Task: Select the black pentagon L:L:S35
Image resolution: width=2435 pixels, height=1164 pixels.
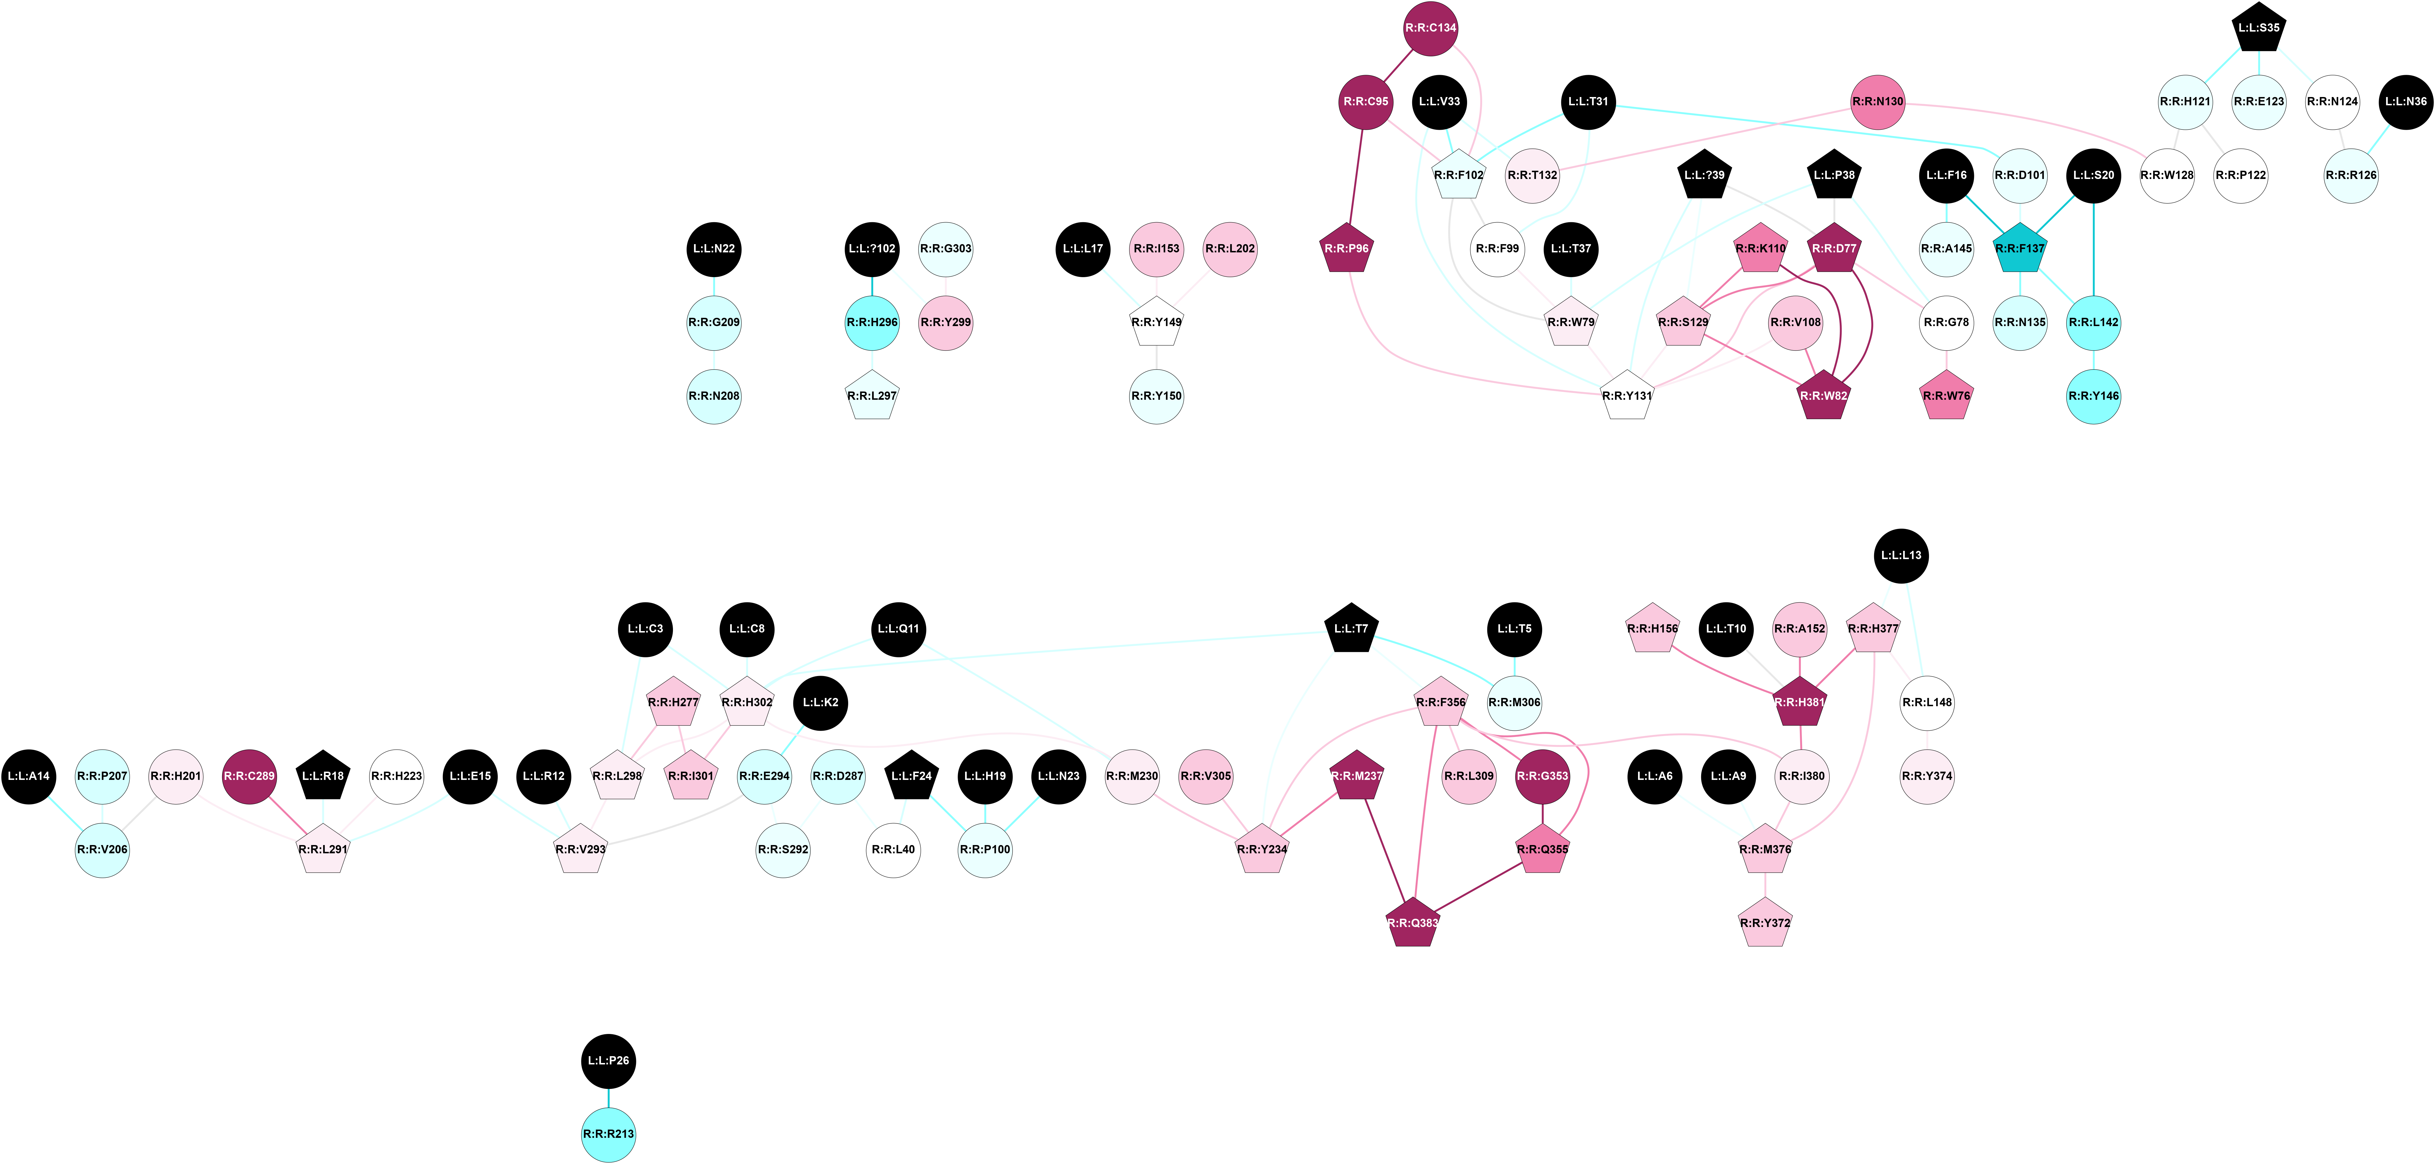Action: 2258,28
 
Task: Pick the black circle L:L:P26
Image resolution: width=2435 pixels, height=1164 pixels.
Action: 608,1060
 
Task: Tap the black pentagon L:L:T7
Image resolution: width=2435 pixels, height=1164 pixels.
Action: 1351,629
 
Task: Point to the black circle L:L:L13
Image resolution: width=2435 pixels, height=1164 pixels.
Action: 1901,555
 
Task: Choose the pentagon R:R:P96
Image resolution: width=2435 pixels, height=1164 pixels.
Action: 1345,249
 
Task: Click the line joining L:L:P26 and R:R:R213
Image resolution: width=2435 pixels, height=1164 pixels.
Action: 608,1097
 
